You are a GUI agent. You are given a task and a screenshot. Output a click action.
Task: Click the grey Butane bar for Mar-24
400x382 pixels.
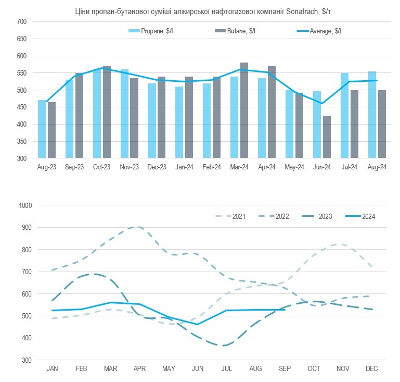point(244,110)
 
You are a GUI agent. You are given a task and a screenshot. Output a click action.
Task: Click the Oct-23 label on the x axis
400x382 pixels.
point(102,167)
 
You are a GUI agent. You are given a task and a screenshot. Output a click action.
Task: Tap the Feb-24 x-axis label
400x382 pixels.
point(212,167)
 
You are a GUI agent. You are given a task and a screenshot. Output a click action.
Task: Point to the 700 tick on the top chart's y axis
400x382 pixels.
point(21,21)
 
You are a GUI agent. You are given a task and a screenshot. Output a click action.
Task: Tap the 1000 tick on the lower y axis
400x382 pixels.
point(25,205)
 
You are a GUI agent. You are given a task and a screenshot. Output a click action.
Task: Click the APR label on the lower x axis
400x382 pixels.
point(139,369)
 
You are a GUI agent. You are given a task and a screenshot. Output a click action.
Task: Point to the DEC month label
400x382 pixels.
point(371,369)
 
